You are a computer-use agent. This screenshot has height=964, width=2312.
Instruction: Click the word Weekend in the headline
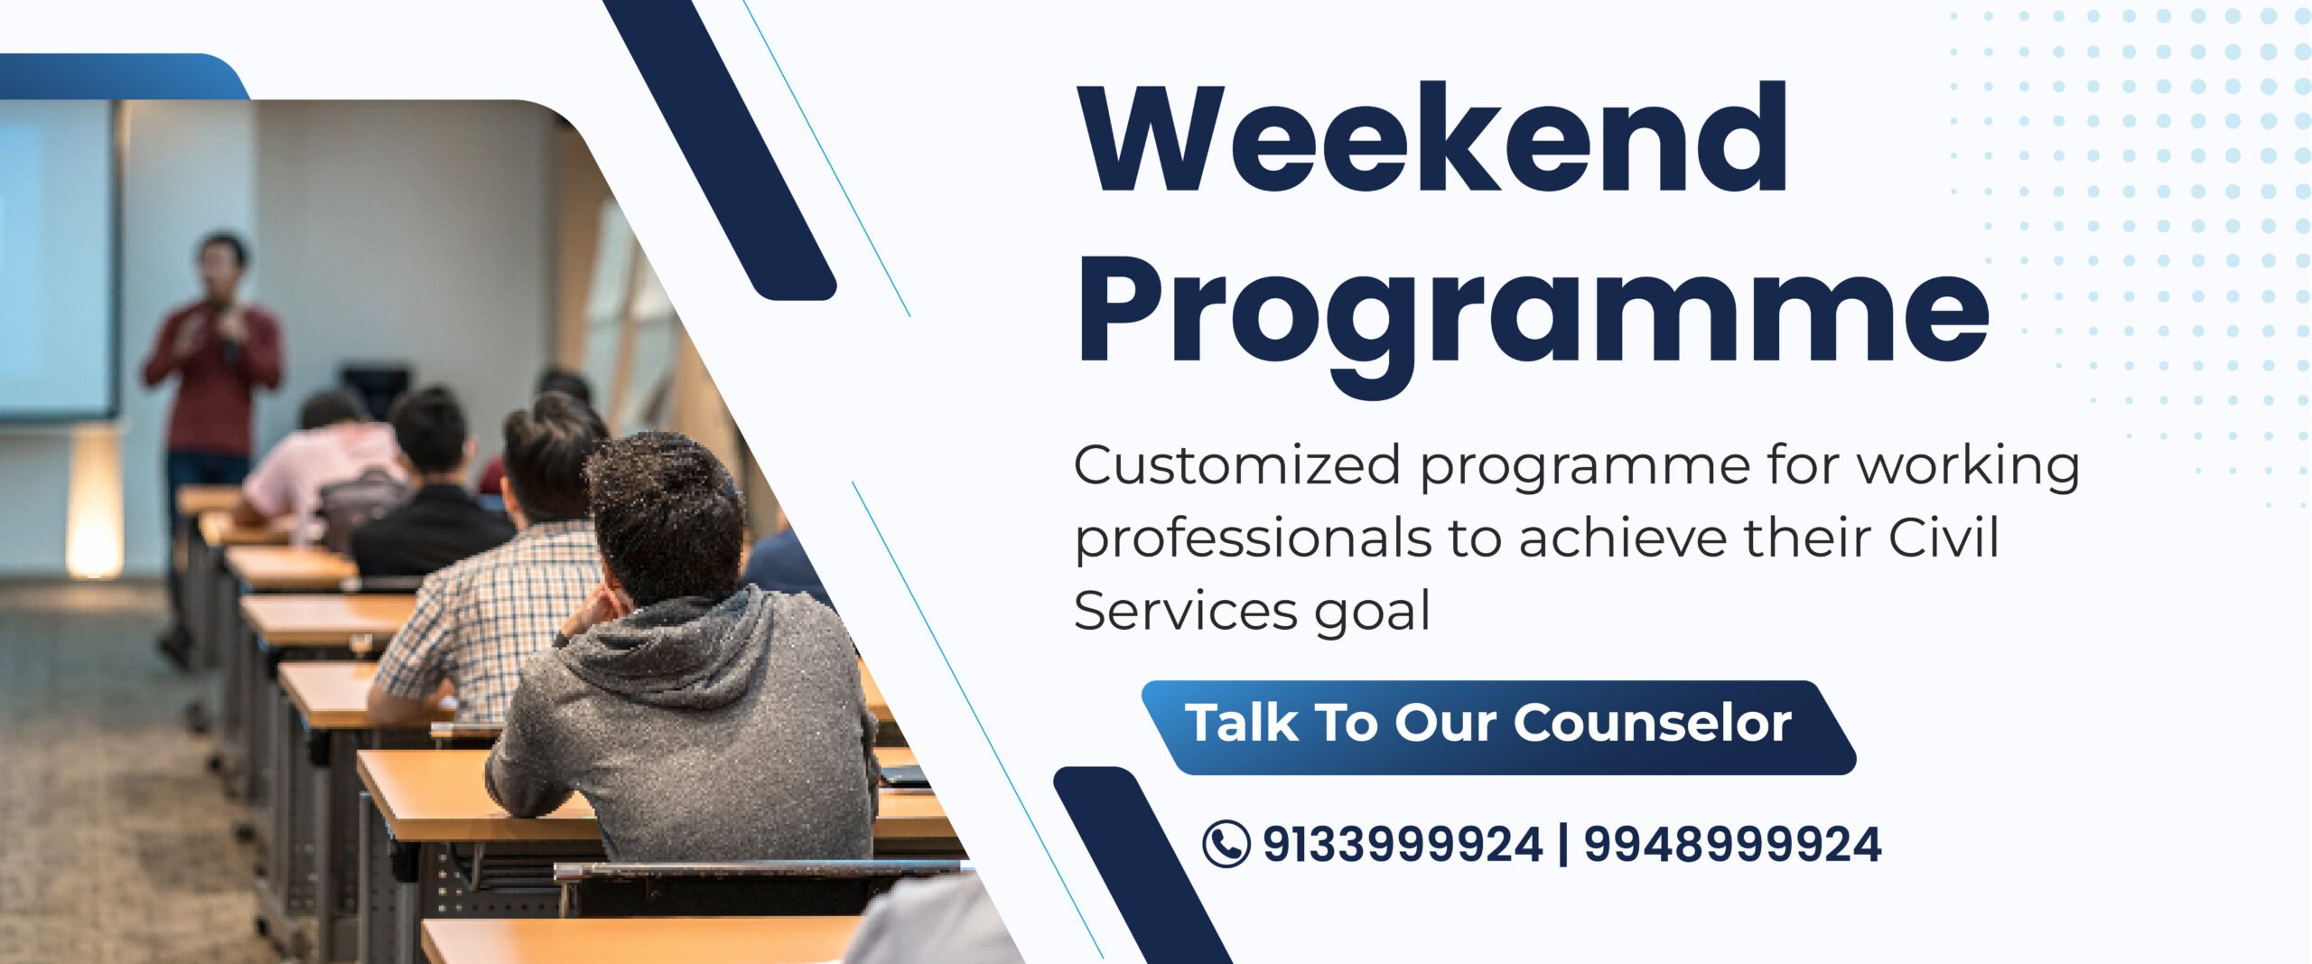(1433, 137)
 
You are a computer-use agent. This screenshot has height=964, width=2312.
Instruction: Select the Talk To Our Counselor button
(1499, 727)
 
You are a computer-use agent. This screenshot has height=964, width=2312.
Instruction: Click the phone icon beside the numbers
(1226, 844)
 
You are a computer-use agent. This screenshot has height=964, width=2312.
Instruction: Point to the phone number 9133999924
(1402, 845)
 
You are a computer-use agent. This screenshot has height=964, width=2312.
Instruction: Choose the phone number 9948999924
(1732, 845)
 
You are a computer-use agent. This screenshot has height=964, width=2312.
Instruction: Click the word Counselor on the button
(1653, 723)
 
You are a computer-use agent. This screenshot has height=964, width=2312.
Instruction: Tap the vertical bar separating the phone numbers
(1563, 845)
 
